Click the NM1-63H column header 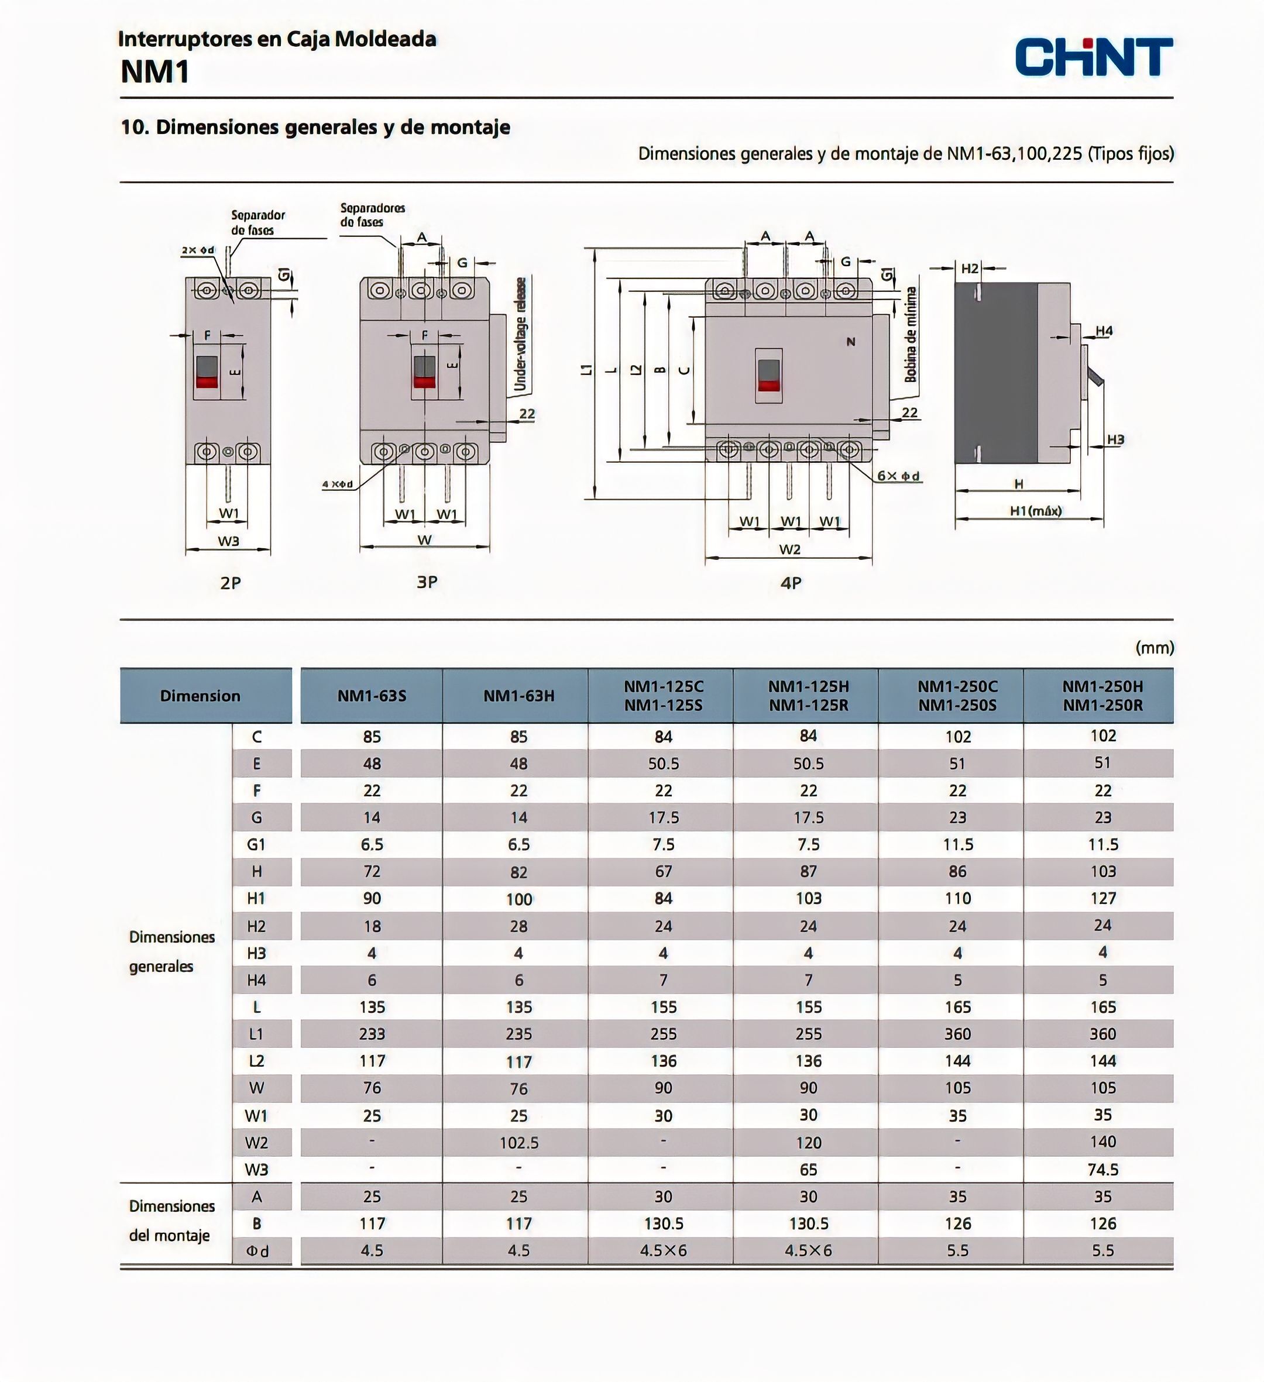click(x=518, y=696)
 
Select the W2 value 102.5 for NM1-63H click(x=518, y=1143)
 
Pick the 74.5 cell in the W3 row click(x=1102, y=1170)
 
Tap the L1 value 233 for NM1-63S click(x=372, y=1034)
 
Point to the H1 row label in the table click(x=256, y=899)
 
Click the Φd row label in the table click(x=257, y=1251)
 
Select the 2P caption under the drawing click(x=231, y=583)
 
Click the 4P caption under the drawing click(x=791, y=583)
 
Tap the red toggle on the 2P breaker click(x=207, y=381)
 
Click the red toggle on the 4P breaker click(x=768, y=384)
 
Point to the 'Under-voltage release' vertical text click(x=521, y=334)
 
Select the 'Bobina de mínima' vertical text click(x=911, y=334)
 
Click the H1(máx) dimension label click(x=1035, y=511)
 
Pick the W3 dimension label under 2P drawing click(x=228, y=541)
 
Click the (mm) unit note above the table click(x=1155, y=648)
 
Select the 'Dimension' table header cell click(x=200, y=696)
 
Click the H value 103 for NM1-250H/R click(x=1102, y=871)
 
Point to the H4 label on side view click(x=1104, y=331)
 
